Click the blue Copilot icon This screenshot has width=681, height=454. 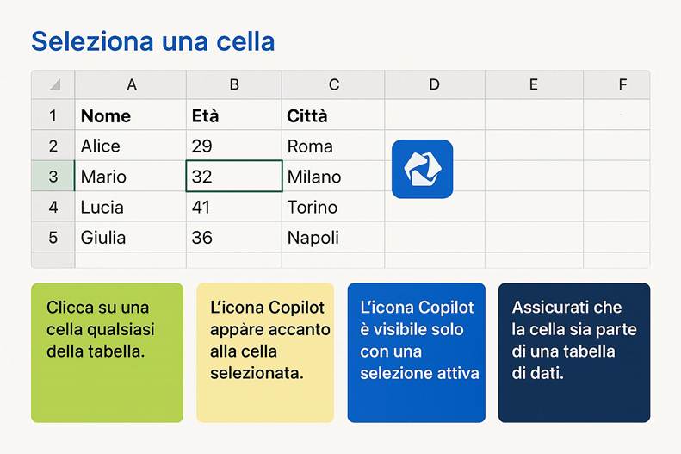(422, 169)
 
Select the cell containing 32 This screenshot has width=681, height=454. (233, 177)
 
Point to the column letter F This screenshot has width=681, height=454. (622, 84)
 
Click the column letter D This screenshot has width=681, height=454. (434, 84)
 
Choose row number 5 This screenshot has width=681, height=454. (53, 238)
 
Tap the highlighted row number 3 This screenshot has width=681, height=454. (53, 177)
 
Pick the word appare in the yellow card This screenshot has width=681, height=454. (234, 329)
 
